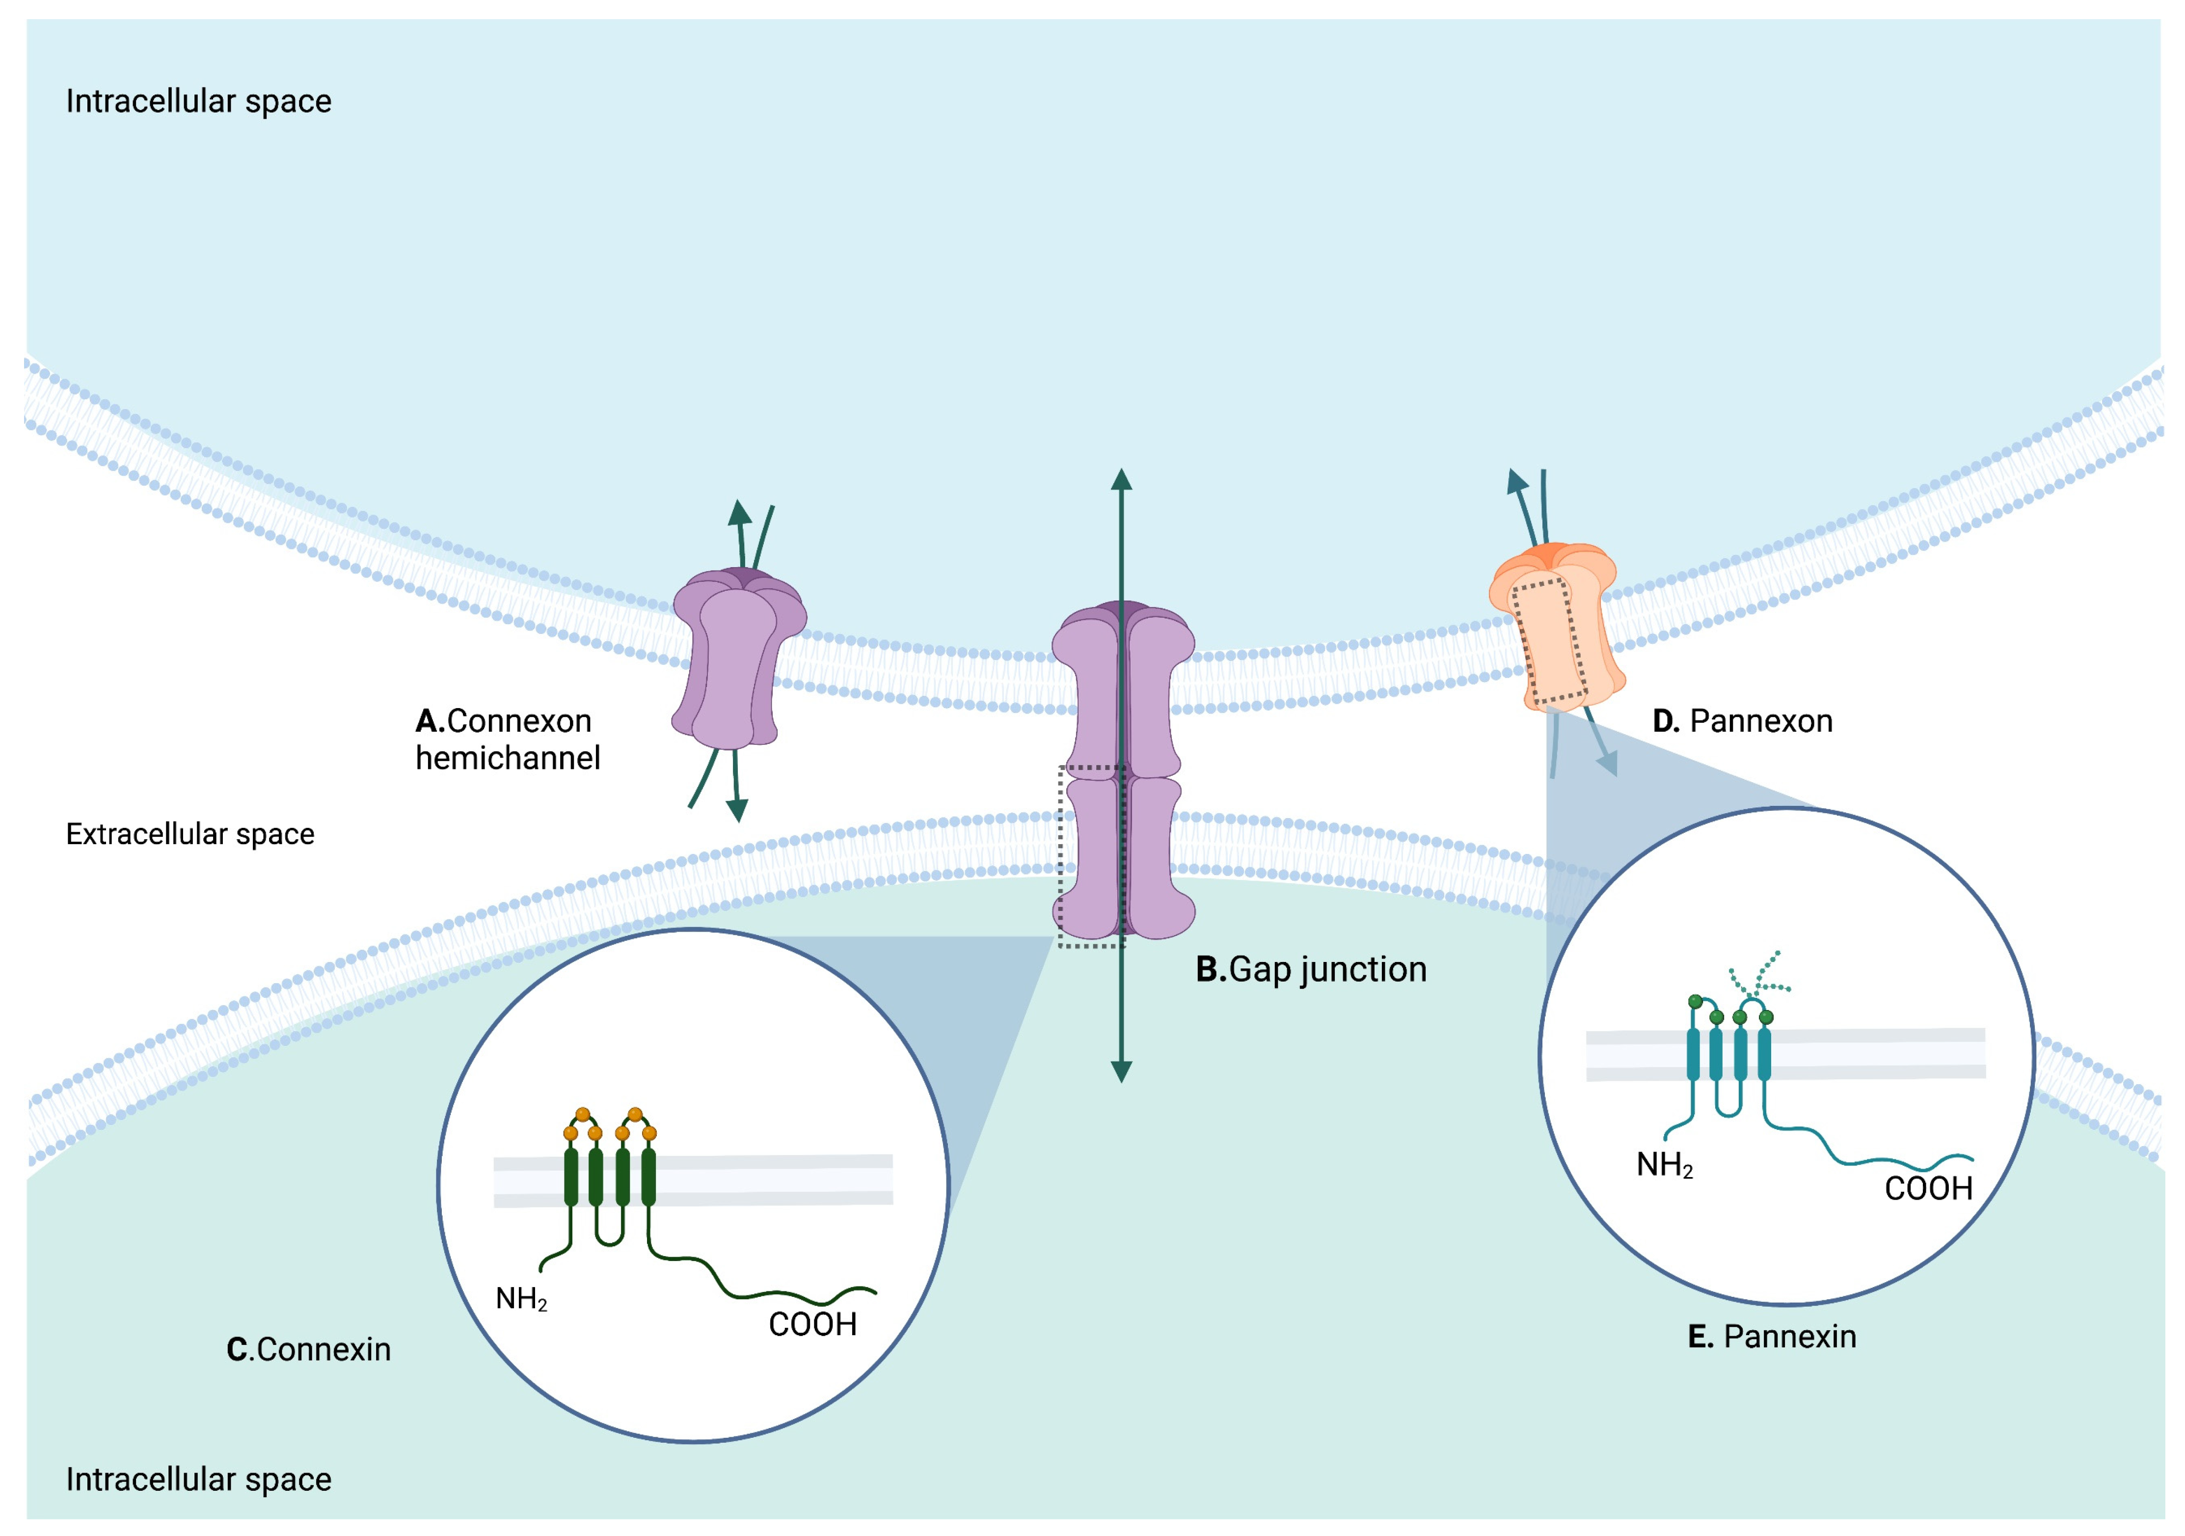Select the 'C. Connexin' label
pyautogui.click(x=308, y=1349)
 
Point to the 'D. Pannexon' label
pyautogui.click(x=1742, y=721)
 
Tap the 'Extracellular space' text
pyautogui.click(x=189, y=835)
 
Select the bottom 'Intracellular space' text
pyautogui.click(x=198, y=1480)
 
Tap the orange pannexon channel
pyautogui.click(x=1556, y=628)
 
